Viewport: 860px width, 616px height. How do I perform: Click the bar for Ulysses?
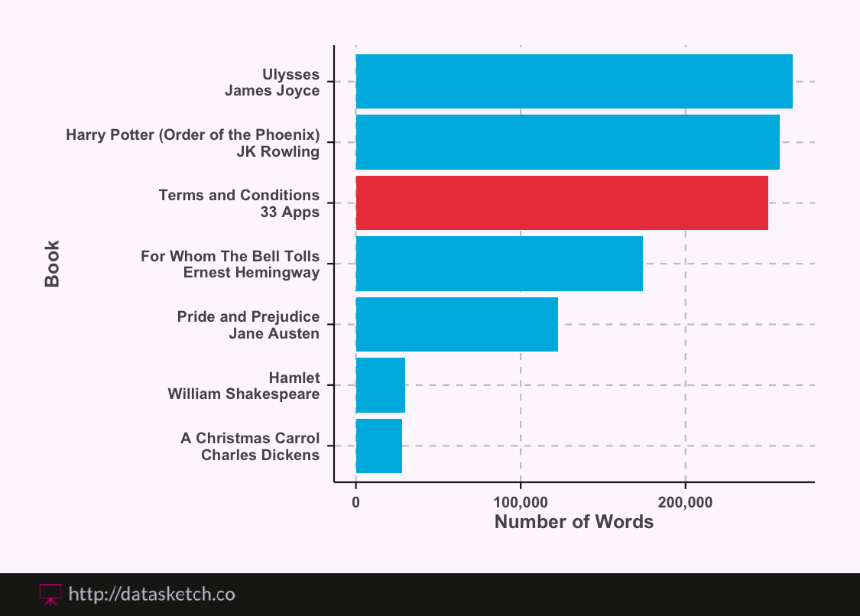573,82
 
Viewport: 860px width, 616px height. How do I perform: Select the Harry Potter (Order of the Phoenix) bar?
567,142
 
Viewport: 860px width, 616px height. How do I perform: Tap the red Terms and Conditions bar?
562,203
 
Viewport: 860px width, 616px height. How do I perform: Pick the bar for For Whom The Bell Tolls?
499,264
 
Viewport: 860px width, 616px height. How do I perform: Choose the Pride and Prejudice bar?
456,324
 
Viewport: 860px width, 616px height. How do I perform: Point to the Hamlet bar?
380,385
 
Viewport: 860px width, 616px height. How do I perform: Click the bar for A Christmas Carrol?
378,446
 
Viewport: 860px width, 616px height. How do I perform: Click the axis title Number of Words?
574,523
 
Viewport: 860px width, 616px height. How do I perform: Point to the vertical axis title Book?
52,264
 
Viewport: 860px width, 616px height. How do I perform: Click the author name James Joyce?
272,91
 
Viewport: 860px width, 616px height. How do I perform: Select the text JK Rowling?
278,151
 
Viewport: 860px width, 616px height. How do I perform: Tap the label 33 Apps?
290,212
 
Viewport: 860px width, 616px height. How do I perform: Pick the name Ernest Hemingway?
252,273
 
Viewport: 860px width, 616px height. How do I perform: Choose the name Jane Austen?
274,333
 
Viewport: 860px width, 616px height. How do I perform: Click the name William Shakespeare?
244,394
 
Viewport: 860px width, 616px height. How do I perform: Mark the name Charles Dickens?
260,455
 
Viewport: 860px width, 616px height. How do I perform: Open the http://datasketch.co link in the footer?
151,594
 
